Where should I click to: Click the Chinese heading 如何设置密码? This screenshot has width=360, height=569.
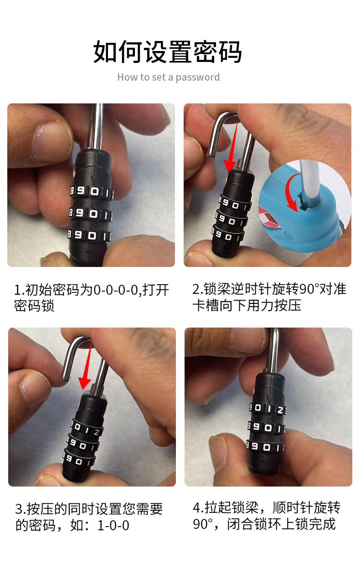pyautogui.click(x=167, y=51)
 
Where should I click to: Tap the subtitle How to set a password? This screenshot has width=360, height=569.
pyautogui.click(x=168, y=77)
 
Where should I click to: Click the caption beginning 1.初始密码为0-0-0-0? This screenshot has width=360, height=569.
pyautogui.click(x=91, y=297)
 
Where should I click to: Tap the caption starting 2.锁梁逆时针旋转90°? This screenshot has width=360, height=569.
pyautogui.click(x=269, y=297)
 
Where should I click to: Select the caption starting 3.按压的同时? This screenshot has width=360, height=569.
pyautogui.click(x=89, y=517)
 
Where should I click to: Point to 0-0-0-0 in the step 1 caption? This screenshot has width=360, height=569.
pyautogui.click(x=115, y=290)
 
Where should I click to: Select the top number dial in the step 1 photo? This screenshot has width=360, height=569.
pyautogui.click(x=91, y=191)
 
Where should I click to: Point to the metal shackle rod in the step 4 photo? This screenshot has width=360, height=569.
pyautogui.click(x=274, y=351)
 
